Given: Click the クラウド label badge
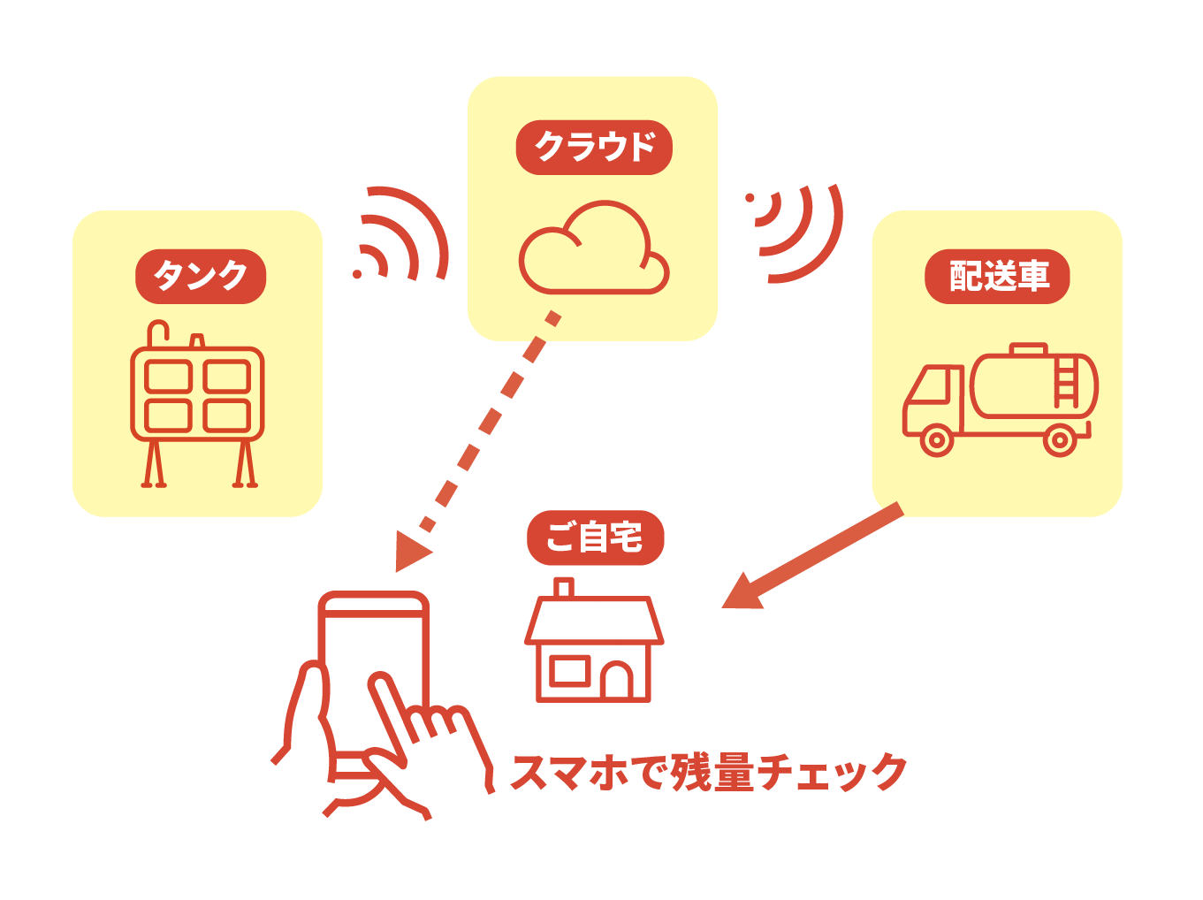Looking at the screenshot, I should (x=594, y=148).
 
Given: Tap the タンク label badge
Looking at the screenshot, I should (x=201, y=277).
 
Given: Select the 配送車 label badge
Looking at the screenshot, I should (x=997, y=277).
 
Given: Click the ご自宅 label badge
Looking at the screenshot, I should (x=595, y=538).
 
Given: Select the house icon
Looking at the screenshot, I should (x=594, y=645).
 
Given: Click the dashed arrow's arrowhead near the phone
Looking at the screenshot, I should (x=410, y=552).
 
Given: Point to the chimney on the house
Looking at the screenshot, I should (x=563, y=588).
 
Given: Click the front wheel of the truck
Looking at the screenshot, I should (x=937, y=439).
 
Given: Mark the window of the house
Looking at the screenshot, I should (x=568, y=671).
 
